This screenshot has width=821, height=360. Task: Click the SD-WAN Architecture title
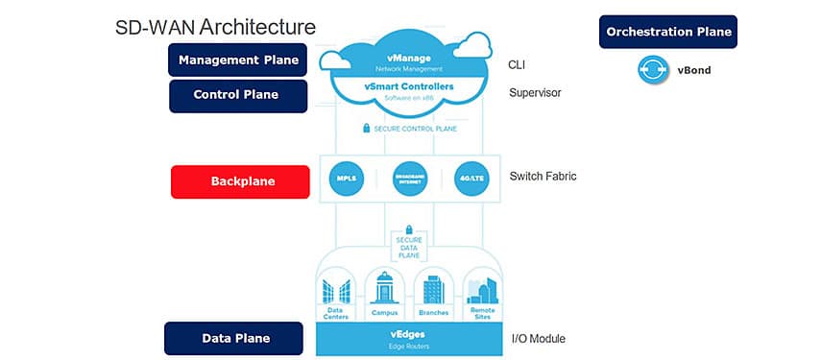coord(214,26)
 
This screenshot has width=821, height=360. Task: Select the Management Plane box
coord(237,60)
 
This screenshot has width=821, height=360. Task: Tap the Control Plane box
coord(237,95)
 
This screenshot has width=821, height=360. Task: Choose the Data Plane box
coord(235,338)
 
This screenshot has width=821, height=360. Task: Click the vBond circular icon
coord(653,71)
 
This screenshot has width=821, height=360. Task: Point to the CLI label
coord(517,65)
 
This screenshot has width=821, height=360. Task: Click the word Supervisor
coord(535,93)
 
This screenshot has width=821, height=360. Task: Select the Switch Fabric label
coord(543,177)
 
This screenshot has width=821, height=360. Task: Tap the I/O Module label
coord(539,338)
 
